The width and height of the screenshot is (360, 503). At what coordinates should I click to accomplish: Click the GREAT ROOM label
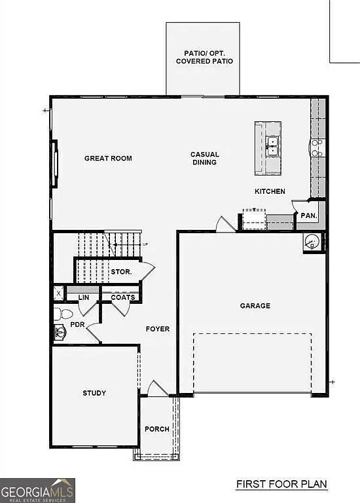[108, 158]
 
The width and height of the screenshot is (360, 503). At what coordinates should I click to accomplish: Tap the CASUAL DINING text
[204, 158]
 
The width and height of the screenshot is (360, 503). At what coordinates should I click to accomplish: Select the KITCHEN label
[270, 191]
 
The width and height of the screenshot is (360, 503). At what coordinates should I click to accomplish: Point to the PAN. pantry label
[308, 215]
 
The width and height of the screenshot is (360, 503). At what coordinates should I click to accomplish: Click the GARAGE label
[255, 306]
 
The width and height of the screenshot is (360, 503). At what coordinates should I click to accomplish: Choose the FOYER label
[157, 329]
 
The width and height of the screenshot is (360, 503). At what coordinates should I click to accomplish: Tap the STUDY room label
[94, 393]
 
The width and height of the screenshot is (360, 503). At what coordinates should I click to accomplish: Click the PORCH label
[157, 429]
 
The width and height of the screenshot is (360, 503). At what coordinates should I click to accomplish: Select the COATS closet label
[122, 297]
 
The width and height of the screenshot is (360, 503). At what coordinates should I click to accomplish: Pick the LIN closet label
[83, 297]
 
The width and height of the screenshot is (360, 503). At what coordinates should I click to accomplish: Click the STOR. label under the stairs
[122, 270]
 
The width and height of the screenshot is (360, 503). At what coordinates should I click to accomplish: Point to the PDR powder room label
[77, 324]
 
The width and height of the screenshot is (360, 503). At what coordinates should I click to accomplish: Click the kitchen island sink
[274, 146]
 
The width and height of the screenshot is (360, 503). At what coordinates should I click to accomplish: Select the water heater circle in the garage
[312, 242]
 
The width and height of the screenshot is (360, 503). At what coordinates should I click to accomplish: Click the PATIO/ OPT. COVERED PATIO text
[204, 57]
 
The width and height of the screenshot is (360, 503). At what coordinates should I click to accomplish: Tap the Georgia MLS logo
[38, 490]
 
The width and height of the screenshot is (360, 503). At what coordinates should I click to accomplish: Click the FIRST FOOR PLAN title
[281, 485]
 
